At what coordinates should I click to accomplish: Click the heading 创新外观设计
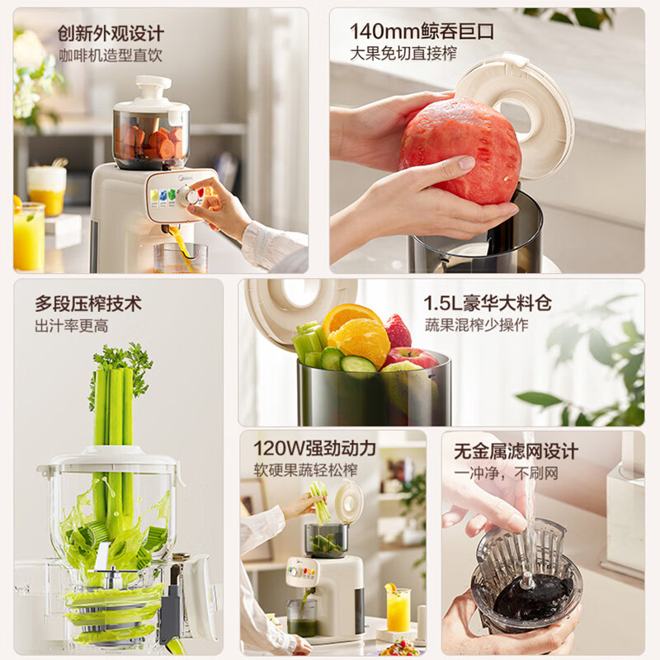pyautogui.click(x=111, y=34)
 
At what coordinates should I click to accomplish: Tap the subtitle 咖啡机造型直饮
pyautogui.click(x=111, y=55)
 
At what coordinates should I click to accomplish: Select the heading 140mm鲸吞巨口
pyautogui.click(x=422, y=31)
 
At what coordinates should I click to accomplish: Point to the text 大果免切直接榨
pyautogui.click(x=403, y=54)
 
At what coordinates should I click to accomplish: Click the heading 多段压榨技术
pyautogui.click(x=88, y=304)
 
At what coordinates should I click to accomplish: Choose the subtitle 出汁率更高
pyautogui.click(x=72, y=326)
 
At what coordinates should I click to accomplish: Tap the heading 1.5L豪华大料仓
pyautogui.click(x=488, y=303)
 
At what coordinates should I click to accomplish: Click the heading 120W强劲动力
pyautogui.click(x=314, y=448)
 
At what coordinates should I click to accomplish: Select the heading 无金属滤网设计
pyautogui.click(x=516, y=451)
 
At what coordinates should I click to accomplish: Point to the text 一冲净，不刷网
pyautogui.click(x=506, y=473)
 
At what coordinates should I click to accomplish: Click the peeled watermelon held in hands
pyautogui.click(x=460, y=149)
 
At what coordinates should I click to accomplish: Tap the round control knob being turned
pyautogui.click(x=189, y=196)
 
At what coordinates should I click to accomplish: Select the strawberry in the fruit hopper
pyautogui.click(x=398, y=332)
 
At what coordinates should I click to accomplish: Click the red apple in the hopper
pyautogui.click(x=412, y=358)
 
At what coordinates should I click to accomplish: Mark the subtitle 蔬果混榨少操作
pyautogui.click(x=476, y=325)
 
